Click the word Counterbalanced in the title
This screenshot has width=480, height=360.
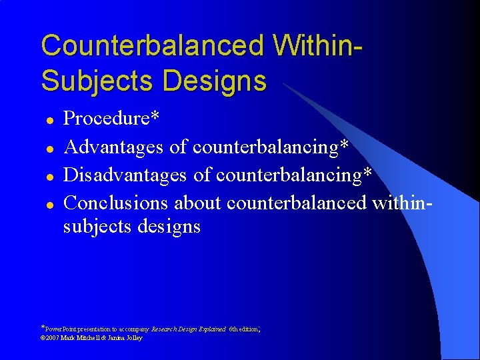coord(153,46)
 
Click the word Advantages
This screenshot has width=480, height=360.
coord(115,147)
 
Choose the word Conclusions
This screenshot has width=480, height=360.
coord(117,203)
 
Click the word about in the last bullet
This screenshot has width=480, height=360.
coord(199,203)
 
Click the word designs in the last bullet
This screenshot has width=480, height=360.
coord(169,227)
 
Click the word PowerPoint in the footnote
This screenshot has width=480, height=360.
coord(59,329)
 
